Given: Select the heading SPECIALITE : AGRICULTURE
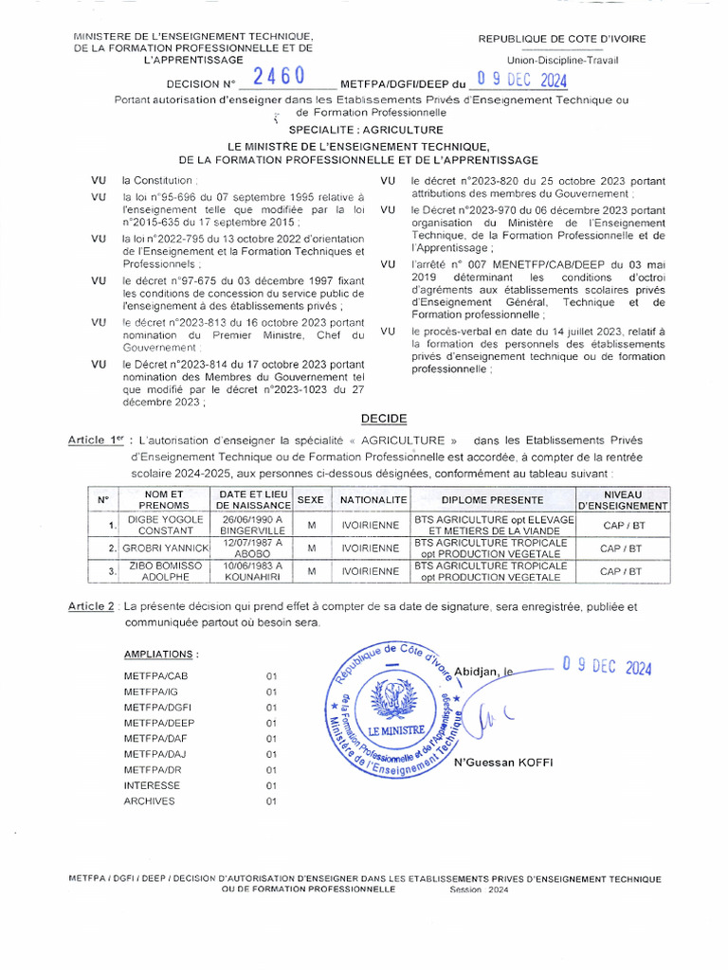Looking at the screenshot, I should click(366, 129).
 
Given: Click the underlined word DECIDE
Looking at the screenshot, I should click(384, 418).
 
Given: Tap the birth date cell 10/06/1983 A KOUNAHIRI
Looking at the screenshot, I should click(252, 571).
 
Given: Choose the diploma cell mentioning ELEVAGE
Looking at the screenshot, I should click(494, 526).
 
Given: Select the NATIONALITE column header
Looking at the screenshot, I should click(373, 499).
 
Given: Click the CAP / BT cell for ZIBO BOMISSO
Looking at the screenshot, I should click(621, 571).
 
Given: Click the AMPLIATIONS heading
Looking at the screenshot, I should click(161, 655).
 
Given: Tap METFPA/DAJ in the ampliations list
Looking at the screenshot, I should click(155, 754).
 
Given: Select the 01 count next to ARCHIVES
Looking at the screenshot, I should click(270, 800).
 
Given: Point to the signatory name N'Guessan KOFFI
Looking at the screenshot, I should click(502, 763).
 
